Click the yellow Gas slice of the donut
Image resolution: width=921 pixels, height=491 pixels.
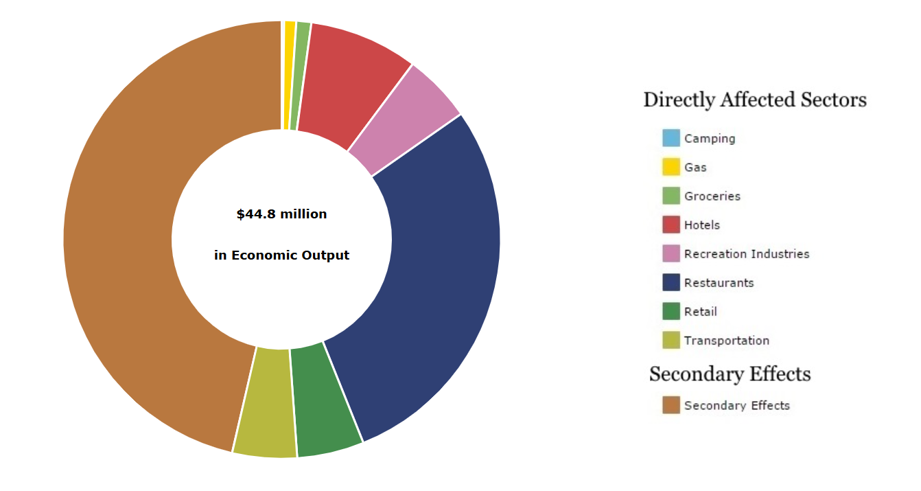(x=289, y=76)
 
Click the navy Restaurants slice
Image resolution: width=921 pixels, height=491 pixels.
(x=432, y=275)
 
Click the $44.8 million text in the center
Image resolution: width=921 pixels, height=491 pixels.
(x=281, y=214)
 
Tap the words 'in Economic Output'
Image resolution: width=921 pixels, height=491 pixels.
(x=281, y=255)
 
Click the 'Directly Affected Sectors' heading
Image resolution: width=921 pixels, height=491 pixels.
(x=754, y=100)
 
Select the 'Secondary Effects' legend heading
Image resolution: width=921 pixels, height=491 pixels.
(x=730, y=374)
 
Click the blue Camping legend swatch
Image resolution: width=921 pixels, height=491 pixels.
(x=671, y=138)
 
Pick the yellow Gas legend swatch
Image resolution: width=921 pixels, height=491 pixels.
(x=671, y=167)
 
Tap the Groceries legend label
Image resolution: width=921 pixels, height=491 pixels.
(x=712, y=196)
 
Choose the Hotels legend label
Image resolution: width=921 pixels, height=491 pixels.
(x=701, y=225)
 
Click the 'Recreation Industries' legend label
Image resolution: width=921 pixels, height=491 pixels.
(x=747, y=254)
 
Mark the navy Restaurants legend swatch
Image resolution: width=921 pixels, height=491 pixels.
(x=671, y=282)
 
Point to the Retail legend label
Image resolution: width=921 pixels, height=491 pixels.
(x=700, y=312)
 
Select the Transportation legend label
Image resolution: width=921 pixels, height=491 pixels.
(x=726, y=341)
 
